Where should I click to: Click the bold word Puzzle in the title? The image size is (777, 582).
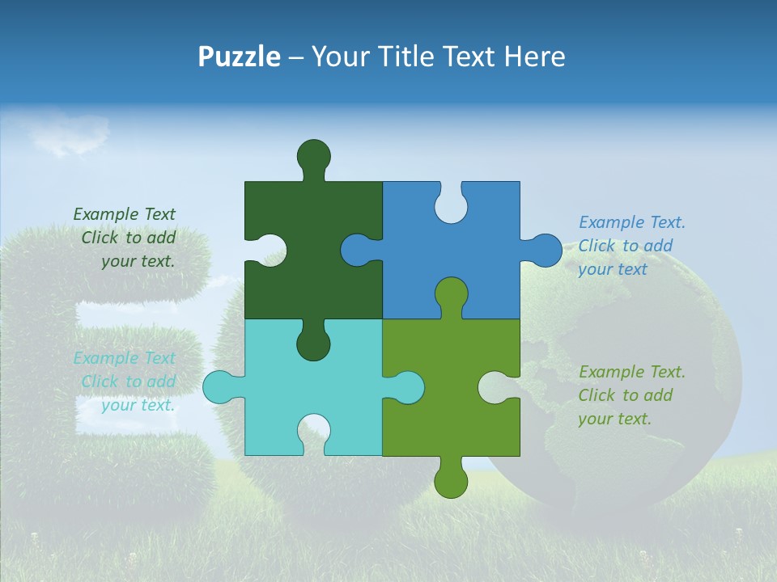pyautogui.click(x=240, y=57)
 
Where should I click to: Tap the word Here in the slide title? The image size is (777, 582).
pyautogui.click(x=533, y=57)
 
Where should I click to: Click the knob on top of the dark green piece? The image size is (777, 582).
pyautogui.click(x=314, y=154)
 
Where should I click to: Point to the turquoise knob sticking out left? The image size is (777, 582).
pyautogui.click(x=219, y=387)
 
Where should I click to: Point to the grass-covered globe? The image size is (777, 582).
pyautogui.click(x=647, y=323)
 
